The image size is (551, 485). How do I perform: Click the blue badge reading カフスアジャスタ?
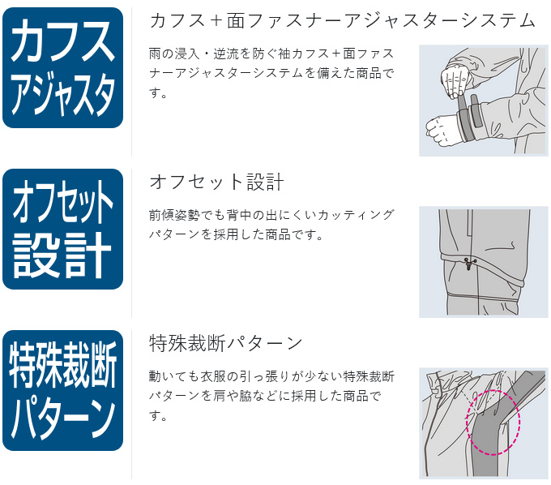[62, 67]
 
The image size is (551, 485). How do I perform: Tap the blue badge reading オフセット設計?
[62, 229]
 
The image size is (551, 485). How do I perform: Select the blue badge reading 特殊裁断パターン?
[62, 390]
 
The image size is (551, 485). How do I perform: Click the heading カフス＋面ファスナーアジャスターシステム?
[342, 20]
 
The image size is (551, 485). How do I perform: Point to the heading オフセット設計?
[216, 182]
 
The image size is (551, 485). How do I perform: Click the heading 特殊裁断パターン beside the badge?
[225, 343]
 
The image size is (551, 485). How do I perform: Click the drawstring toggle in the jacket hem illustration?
[469, 263]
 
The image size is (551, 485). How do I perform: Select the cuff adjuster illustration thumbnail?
[484, 101]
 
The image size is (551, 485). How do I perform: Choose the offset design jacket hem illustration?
[484, 262]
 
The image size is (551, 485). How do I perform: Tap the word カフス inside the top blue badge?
[62, 41]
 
